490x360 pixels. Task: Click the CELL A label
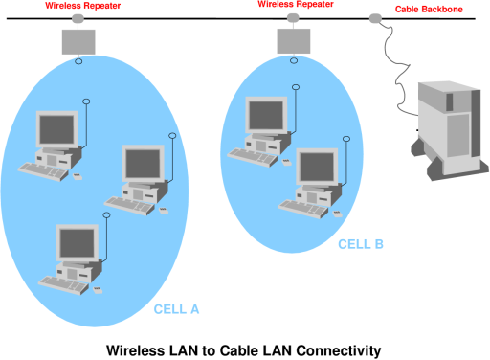pyautogui.click(x=176, y=309)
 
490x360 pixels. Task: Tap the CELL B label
pyautogui.click(x=361, y=244)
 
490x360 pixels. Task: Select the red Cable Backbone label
pyautogui.click(x=429, y=10)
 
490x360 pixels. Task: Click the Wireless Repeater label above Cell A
pyautogui.click(x=82, y=6)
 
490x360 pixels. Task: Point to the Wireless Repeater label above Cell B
pyautogui.click(x=296, y=4)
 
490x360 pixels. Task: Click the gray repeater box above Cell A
pyautogui.click(x=78, y=42)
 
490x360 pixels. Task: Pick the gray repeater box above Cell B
pyautogui.click(x=294, y=41)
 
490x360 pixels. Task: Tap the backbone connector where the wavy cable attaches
pyautogui.click(x=375, y=18)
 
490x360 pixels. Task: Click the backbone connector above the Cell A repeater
pyautogui.click(x=78, y=19)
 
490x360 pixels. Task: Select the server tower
pyautogui.click(x=450, y=130)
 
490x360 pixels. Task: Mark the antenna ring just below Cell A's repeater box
pyautogui.click(x=78, y=61)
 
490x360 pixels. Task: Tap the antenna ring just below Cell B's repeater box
pyautogui.click(x=294, y=60)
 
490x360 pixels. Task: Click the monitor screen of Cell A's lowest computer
pyautogui.click(x=78, y=243)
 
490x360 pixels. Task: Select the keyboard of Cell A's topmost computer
pyautogui.click(x=43, y=171)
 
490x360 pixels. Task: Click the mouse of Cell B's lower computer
pyautogui.click(x=338, y=214)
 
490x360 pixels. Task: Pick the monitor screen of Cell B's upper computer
pyautogui.click(x=266, y=115)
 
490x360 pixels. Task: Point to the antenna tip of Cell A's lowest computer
pyautogui.click(x=106, y=215)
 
